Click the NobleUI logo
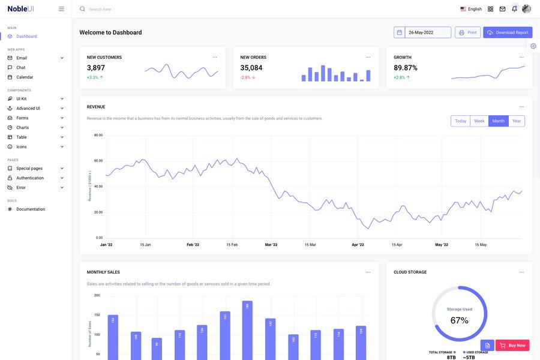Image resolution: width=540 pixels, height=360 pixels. coord(20,9)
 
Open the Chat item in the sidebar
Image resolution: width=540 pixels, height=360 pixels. coord(20,68)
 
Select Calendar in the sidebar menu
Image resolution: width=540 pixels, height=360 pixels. coord(25,77)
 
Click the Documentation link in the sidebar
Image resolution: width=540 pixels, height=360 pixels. coord(31,209)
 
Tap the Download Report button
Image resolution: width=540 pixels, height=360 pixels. coord(508,32)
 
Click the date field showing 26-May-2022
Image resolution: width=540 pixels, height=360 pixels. coord(427,32)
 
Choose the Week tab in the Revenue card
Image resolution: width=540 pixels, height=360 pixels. coord(479,121)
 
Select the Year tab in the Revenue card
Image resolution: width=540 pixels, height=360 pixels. coord(516,121)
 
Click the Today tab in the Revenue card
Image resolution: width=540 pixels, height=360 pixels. coord(460,121)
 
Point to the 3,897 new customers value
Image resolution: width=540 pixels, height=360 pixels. coord(96,68)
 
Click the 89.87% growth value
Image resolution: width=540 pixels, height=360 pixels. coord(406,68)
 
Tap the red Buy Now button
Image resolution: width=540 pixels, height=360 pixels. coord(512,346)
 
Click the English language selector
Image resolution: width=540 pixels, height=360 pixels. coord(471,9)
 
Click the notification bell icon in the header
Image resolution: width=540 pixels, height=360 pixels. coord(514,9)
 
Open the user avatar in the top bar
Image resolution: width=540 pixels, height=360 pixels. coord(526,9)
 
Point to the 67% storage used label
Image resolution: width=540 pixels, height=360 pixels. coord(459,320)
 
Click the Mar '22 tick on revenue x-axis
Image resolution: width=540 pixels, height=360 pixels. coord(271,245)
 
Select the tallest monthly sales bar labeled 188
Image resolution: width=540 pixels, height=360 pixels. coord(247,330)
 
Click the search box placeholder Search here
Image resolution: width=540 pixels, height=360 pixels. coord(102,10)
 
